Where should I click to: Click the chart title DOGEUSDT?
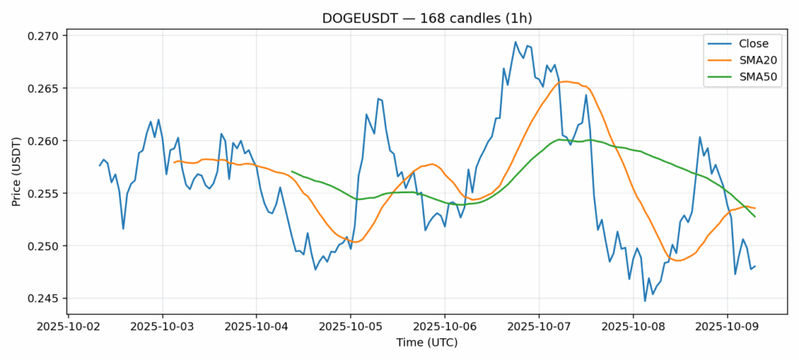coord(427,17)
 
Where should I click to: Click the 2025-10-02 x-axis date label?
coord(68,327)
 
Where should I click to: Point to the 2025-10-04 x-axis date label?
coord(257,327)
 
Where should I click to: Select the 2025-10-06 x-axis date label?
coord(445,327)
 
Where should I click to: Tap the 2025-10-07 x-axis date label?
coord(539,327)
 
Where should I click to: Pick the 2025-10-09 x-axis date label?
coord(727,327)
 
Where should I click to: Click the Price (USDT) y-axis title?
coord(16,169)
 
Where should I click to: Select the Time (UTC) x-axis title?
coord(427,343)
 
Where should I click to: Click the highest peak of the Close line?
coord(515,42)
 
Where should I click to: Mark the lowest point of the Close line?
coord(645,301)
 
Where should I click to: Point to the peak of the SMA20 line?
coord(564,81)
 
